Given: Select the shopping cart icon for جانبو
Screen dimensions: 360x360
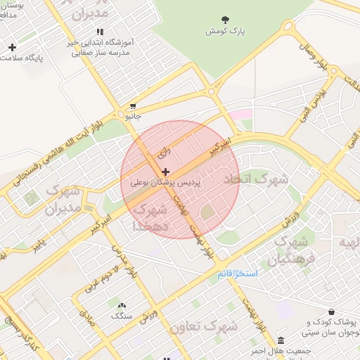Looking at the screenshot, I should coord(132,106).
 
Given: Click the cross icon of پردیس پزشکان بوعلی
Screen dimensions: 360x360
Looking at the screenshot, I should coord(165,172).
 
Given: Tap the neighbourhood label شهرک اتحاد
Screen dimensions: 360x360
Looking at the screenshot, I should coord(255,179).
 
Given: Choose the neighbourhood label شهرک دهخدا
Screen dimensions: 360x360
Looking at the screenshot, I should coord(150,218).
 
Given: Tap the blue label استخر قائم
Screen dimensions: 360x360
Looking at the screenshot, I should coord(238,273).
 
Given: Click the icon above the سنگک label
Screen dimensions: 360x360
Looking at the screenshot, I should coord(122,306).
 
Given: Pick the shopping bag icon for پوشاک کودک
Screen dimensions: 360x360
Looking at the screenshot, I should coord(331,312).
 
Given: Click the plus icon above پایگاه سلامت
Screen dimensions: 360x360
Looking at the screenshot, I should coord(12,47).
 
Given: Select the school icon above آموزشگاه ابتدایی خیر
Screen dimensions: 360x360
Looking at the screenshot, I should coord(100,32).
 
